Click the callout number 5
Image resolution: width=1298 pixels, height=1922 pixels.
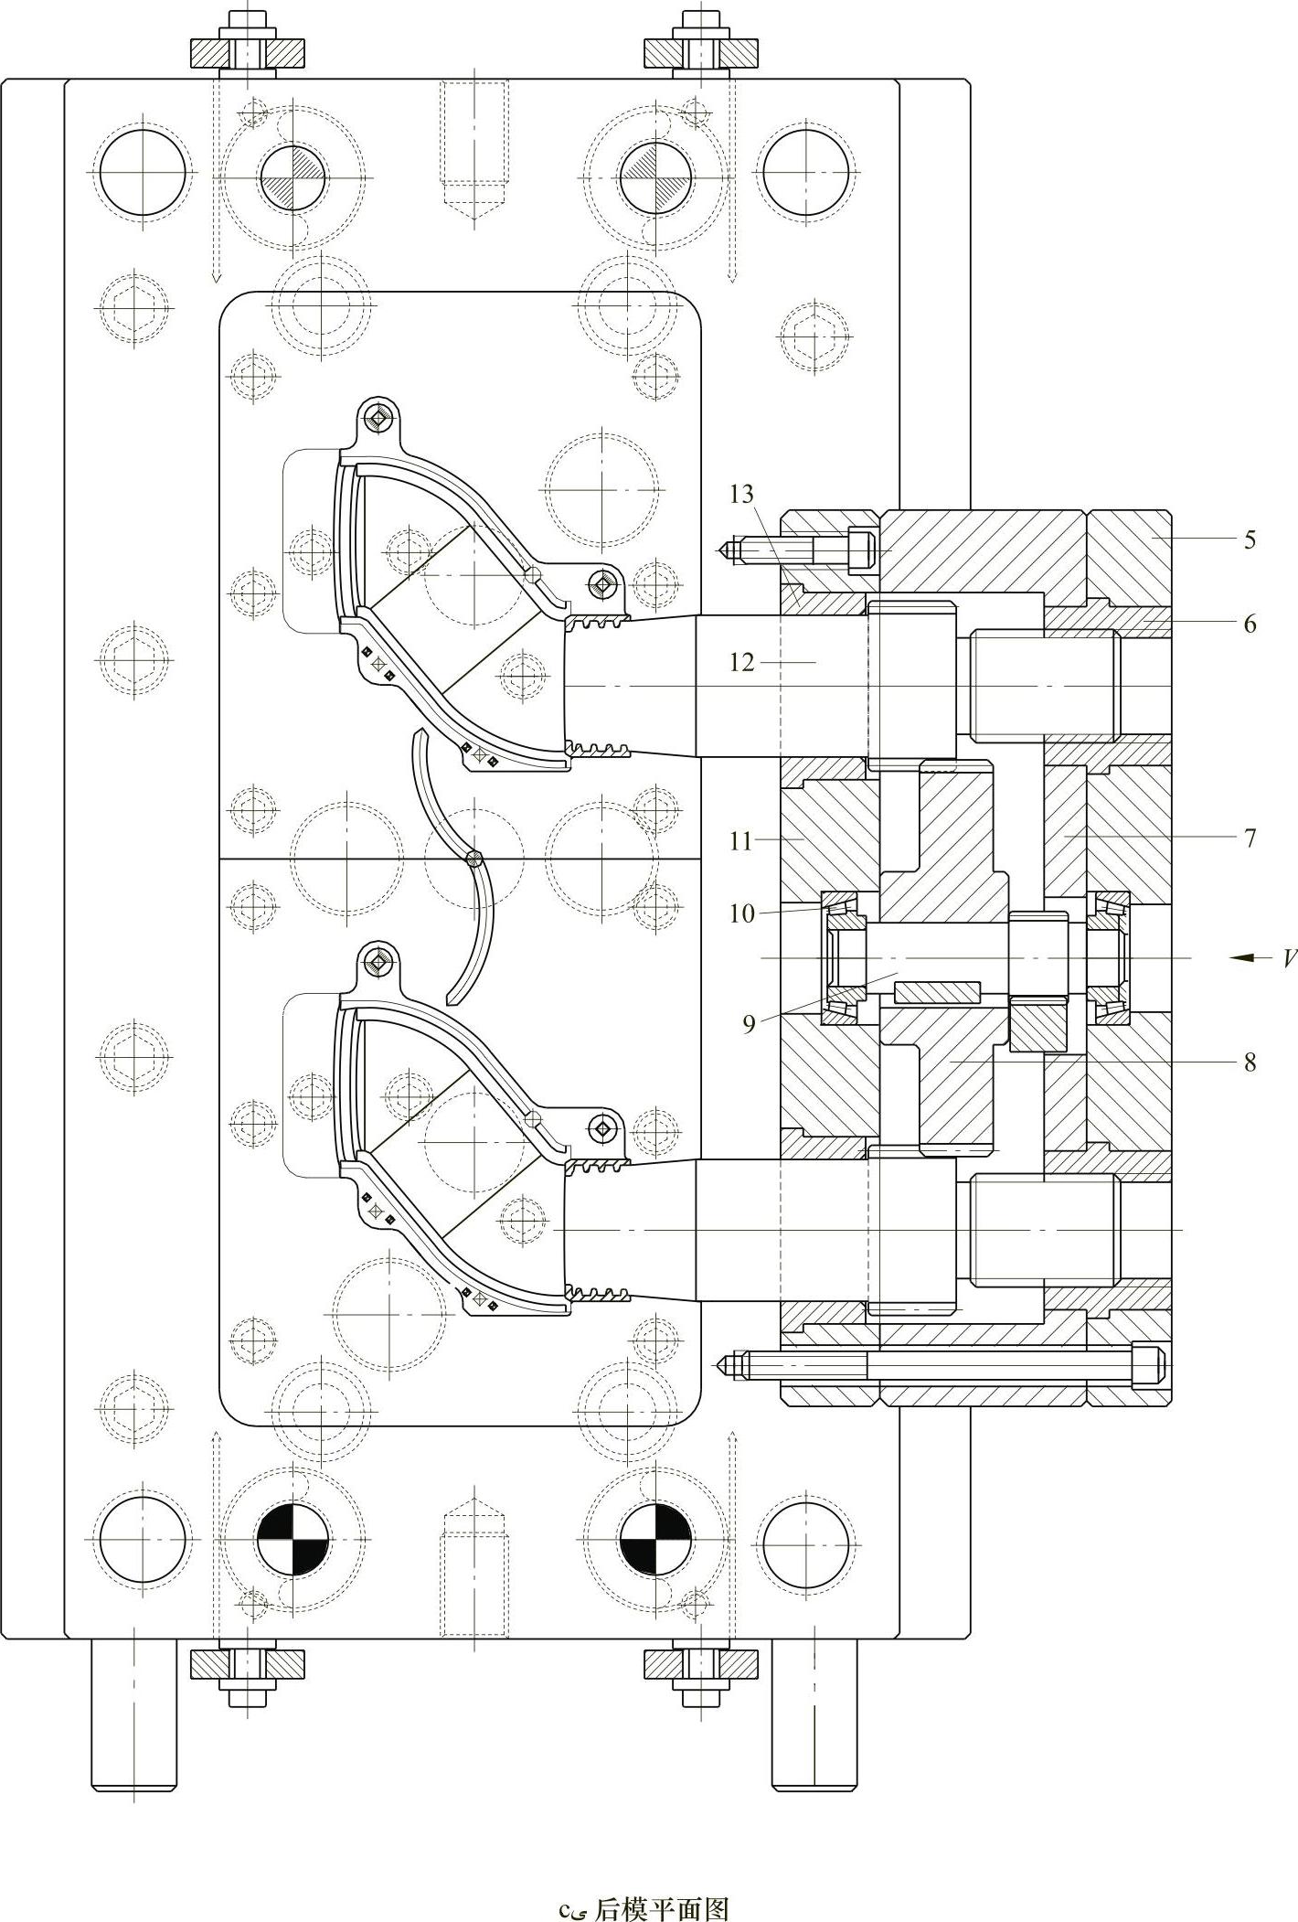1250,539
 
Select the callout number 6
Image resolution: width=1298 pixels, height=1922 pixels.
1250,624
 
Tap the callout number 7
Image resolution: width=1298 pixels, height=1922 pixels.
1250,837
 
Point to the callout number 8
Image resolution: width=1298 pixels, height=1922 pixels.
1250,1062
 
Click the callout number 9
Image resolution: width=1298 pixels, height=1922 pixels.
749,1024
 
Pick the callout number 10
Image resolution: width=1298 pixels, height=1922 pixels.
741,913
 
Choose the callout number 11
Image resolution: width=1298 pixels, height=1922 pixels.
741,841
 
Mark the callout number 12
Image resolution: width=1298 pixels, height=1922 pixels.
741,661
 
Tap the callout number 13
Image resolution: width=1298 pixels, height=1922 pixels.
741,495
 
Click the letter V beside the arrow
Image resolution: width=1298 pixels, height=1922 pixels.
1288,958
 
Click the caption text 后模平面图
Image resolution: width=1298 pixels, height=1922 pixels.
661,1902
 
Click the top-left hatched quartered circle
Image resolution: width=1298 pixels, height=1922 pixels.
293,176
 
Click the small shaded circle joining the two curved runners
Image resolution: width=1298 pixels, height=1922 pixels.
473,858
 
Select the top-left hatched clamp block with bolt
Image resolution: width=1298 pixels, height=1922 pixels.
246,54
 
